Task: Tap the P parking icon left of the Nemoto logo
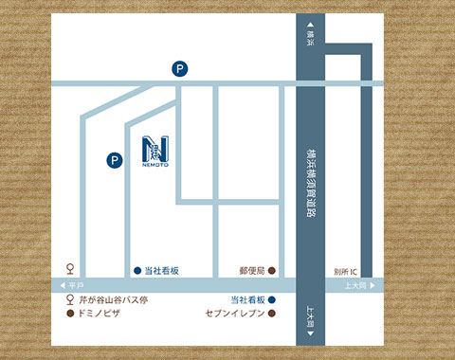(114, 160)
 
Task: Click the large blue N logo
(155, 150)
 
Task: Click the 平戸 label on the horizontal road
(77, 285)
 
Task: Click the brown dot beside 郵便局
(273, 271)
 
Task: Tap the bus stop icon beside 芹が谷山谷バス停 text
(68, 299)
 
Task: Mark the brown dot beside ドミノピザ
(68, 311)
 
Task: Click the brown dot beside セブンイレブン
(273, 311)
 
